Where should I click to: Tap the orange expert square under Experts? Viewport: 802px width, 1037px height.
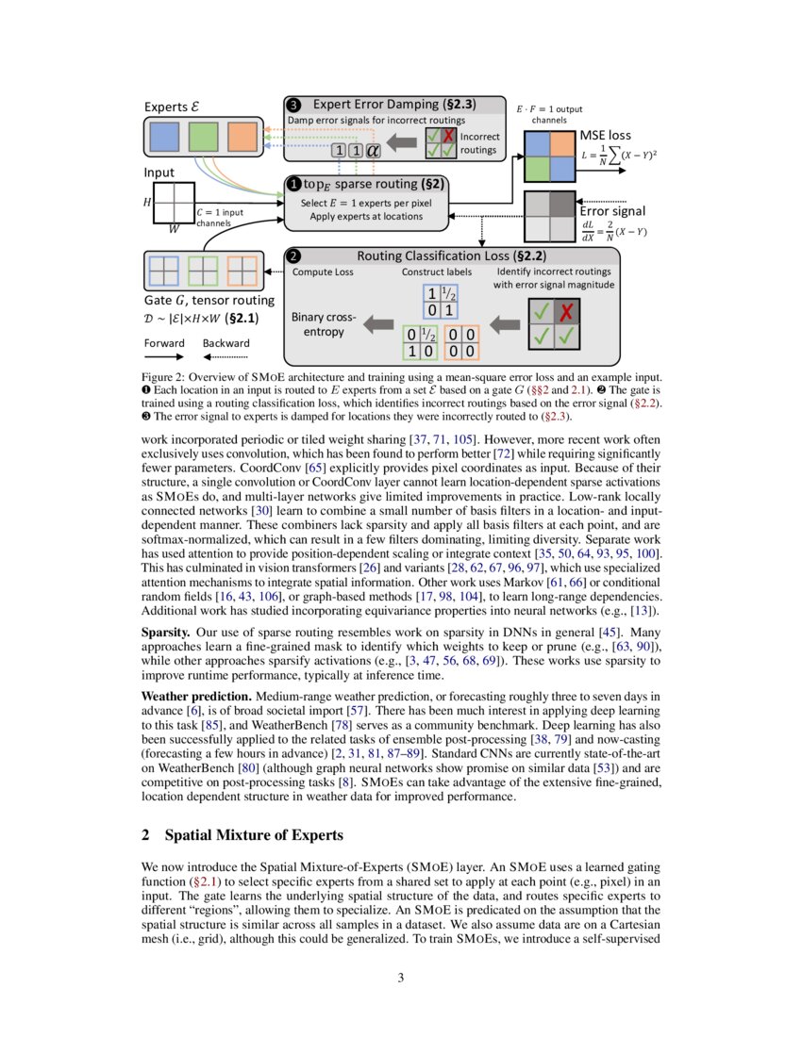[242, 137]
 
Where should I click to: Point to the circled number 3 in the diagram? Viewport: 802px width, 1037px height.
[294, 105]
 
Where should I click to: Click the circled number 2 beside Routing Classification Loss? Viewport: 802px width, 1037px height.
[294, 255]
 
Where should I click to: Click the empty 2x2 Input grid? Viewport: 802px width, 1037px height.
[169, 205]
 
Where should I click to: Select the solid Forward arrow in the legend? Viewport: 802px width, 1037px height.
[164, 358]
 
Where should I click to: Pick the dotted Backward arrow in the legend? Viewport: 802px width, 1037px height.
[225, 358]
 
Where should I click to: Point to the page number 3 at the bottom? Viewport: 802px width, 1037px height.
[401, 978]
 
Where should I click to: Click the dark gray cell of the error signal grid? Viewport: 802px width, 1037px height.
[560, 204]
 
